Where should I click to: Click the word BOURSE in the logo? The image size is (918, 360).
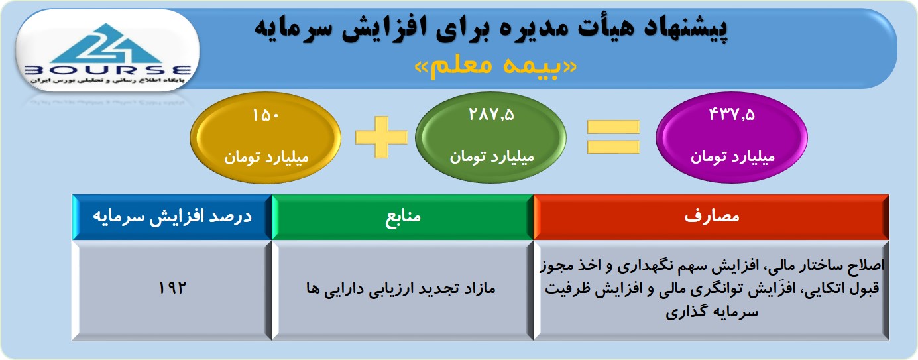tap(108, 70)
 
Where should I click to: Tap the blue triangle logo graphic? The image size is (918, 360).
tap(107, 44)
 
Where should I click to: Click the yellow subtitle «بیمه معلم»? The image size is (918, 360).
tap(496, 66)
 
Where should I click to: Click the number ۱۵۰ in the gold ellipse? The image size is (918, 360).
tap(266, 115)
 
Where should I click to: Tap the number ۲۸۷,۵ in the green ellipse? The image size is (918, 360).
tap(491, 115)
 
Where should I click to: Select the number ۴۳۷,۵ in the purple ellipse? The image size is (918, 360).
tap(732, 115)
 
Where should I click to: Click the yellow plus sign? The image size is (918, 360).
tap(381, 137)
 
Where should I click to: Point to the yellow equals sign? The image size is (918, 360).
tap(613, 137)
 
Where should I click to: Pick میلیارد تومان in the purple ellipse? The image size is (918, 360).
tap(732, 157)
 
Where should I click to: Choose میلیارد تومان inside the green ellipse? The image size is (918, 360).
tap(492, 157)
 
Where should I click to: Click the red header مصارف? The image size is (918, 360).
tap(712, 216)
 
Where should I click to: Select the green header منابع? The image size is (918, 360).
tap(403, 216)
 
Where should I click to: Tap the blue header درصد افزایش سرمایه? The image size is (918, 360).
tap(172, 217)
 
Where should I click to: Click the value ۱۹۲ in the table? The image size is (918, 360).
tap(172, 288)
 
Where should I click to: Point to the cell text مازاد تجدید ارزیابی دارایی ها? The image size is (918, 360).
tap(401, 288)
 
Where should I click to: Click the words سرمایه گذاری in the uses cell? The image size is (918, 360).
tap(712, 312)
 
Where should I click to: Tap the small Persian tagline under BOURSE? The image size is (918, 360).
tap(108, 80)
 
